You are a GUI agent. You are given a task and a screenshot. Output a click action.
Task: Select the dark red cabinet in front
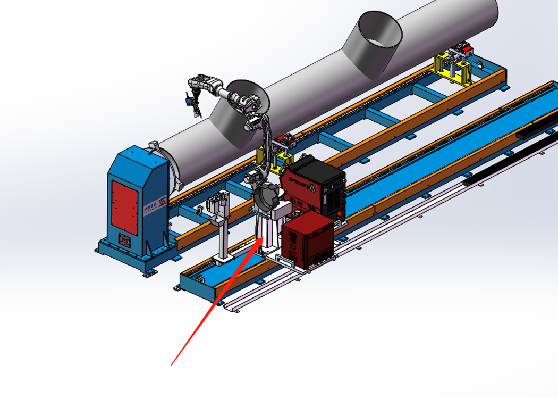(x=307, y=238)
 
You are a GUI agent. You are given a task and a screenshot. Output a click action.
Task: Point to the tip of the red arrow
(x=260, y=239)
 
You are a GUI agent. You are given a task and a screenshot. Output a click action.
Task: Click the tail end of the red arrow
(x=172, y=364)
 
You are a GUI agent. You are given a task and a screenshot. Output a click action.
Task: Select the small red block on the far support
(x=468, y=50)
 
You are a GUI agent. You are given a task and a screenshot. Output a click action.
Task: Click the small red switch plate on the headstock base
(x=124, y=241)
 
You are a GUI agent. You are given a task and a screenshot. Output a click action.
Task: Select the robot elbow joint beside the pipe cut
(x=248, y=102)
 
